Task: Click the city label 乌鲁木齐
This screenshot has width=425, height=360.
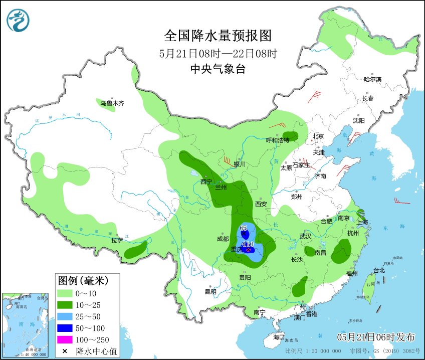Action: (111, 103)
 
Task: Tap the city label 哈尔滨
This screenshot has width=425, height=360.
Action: (372, 79)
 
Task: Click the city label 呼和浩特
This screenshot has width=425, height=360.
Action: (278, 140)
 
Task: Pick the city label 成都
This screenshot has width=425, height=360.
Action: (223, 239)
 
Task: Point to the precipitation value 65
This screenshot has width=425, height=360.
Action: (244, 228)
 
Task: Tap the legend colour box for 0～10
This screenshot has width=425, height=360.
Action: (65, 293)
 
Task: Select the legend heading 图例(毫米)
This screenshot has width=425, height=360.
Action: (82, 280)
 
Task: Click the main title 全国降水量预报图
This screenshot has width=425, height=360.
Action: (218, 36)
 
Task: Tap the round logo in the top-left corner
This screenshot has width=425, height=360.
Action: (18, 20)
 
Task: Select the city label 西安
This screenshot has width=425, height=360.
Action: (261, 204)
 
